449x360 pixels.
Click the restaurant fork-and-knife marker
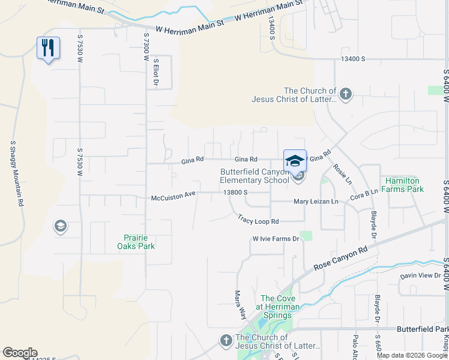coord(48,48)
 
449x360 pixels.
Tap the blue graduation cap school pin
coord(295,161)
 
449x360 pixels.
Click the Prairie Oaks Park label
coord(139,242)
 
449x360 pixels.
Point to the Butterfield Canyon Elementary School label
coord(255,176)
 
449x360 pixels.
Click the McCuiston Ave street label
coord(173,196)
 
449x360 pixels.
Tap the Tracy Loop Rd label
coord(258,220)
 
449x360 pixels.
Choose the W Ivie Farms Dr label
coord(276,239)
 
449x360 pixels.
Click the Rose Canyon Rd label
coord(340,258)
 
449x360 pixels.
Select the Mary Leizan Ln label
coord(316,202)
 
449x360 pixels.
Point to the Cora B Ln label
coord(364,194)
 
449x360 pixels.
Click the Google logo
coord(20,353)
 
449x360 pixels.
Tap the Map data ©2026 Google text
coord(412,355)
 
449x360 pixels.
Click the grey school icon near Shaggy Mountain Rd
coord(60,226)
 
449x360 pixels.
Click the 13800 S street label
coord(235,192)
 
